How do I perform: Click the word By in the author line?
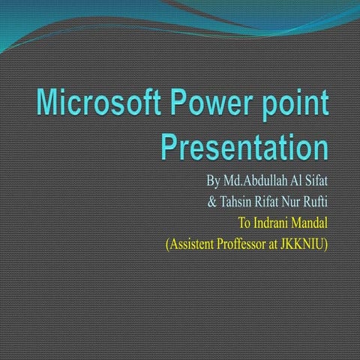213,181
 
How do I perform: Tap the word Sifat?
317,181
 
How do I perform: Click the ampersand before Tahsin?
211,202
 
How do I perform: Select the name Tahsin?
235,202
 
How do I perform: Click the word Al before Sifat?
298,181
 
